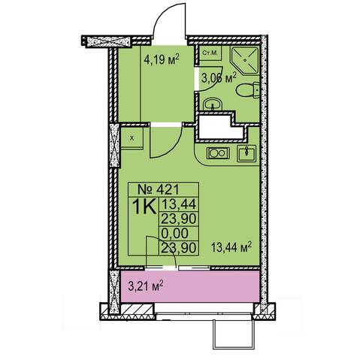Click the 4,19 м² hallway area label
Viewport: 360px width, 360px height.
pyautogui.click(x=162, y=59)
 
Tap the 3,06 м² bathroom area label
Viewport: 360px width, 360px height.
pyautogui.click(x=219, y=78)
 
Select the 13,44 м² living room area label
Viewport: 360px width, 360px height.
pyautogui.click(x=231, y=247)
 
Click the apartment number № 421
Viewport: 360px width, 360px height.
pyautogui.click(x=159, y=189)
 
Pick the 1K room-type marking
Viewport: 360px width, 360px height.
pyautogui.click(x=144, y=206)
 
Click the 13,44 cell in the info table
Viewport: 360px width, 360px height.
pyautogui.click(x=179, y=204)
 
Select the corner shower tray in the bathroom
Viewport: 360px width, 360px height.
pyautogui.click(x=245, y=60)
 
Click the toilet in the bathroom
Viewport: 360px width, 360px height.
pyautogui.click(x=248, y=90)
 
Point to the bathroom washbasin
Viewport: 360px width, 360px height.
pyautogui.click(x=213, y=104)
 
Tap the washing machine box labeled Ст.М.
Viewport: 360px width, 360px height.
pyautogui.click(x=210, y=53)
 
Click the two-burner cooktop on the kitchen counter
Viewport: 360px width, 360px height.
pyautogui.click(x=218, y=153)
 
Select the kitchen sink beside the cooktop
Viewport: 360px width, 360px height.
pyautogui.click(x=247, y=153)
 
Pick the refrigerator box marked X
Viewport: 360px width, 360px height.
pyautogui.click(x=132, y=138)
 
